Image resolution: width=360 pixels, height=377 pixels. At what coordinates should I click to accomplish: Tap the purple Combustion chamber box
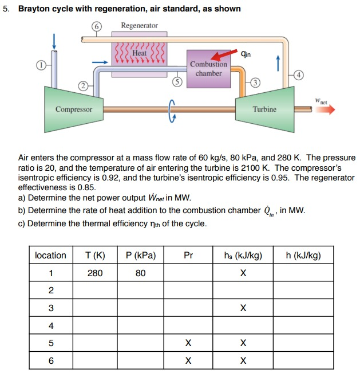[x=208, y=69]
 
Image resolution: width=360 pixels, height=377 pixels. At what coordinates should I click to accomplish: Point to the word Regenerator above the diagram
[x=139, y=26]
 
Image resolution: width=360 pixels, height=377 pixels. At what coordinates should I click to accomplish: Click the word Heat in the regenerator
[x=140, y=53]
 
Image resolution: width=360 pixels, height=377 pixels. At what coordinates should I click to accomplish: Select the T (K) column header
[x=95, y=256]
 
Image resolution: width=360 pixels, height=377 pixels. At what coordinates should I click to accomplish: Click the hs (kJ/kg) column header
[x=243, y=256]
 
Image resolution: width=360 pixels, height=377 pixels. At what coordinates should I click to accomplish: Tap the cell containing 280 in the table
[x=95, y=273]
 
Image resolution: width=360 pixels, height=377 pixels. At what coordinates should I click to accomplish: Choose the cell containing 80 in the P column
[x=140, y=273]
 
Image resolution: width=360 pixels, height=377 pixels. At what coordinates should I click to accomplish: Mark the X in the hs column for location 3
[x=243, y=308]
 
